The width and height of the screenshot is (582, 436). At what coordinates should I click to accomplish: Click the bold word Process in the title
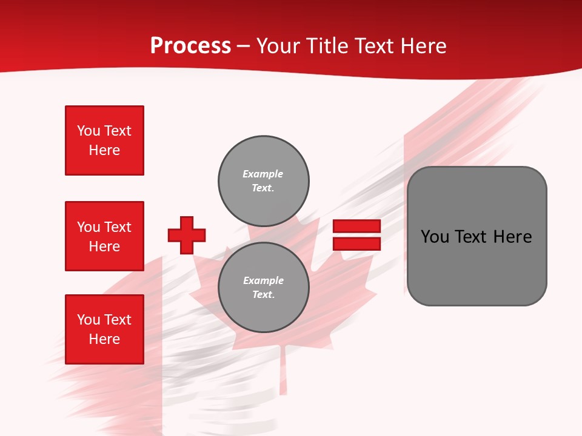[190, 46]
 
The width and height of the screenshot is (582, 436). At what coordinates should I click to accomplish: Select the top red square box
[104, 140]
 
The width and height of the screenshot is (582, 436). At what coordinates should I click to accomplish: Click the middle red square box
[104, 236]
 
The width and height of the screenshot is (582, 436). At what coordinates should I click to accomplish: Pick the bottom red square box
[104, 329]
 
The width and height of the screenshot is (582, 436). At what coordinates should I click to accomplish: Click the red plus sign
[187, 235]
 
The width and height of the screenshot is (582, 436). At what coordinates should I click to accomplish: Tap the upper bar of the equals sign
[356, 226]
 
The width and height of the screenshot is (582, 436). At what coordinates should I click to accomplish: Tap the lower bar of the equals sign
[356, 243]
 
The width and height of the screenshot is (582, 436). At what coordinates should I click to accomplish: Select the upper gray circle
[263, 181]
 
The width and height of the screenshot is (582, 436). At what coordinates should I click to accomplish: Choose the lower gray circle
[263, 288]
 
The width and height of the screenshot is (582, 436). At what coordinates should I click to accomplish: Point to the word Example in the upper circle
[263, 174]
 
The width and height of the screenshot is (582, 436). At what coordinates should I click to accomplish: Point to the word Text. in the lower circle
[263, 295]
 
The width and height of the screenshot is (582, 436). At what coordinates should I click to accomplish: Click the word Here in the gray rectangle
[512, 236]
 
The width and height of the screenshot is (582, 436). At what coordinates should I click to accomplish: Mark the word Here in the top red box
[104, 150]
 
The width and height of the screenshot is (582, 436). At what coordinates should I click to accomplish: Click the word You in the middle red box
[87, 227]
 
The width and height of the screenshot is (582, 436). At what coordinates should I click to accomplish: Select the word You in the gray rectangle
[435, 236]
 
